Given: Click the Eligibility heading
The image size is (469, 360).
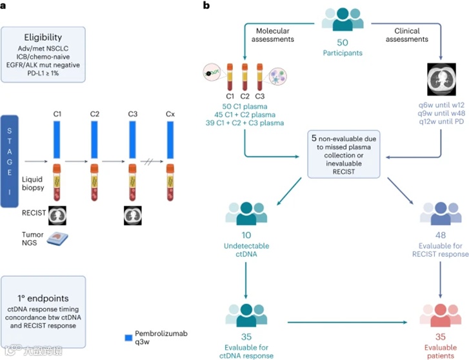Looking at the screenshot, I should click(43, 37).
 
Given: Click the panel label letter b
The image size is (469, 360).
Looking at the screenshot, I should click(206, 5).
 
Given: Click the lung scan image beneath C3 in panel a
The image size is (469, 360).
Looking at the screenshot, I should click(133, 214).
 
